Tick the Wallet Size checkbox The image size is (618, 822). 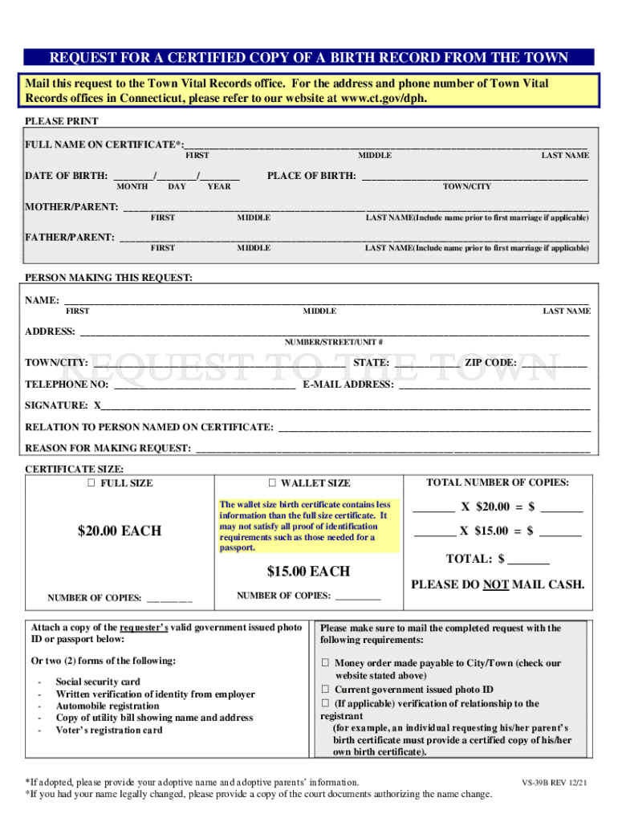(x=272, y=483)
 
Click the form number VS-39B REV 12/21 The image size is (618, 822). (x=554, y=781)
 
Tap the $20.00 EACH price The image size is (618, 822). (x=120, y=531)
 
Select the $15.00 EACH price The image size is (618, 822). (x=309, y=572)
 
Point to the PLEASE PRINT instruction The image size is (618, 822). (x=62, y=121)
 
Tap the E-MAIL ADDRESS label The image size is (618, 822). (x=348, y=385)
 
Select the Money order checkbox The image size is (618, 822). (x=326, y=664)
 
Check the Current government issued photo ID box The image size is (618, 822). (x=326, y=690)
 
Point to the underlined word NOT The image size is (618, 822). (x=495, y=585)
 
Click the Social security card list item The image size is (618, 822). (x=98, y=682)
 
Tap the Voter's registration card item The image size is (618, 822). (x=109, y=730)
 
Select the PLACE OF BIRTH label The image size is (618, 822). (x=311, y=176)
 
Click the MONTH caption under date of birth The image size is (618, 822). (x=132, y=186)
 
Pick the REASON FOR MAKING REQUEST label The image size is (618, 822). (x=108, y=448)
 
